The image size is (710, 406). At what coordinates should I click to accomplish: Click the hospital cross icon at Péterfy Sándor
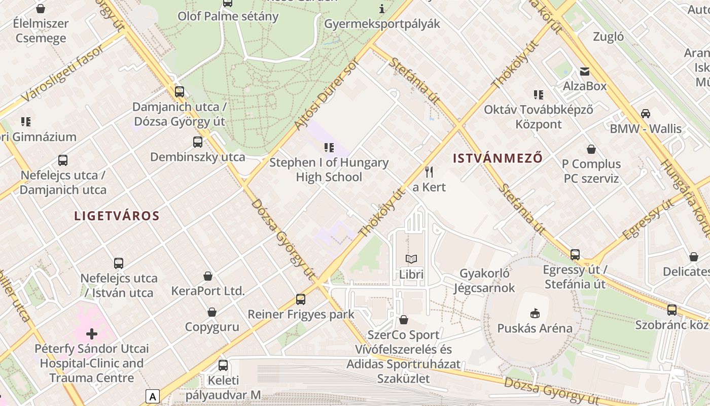92,334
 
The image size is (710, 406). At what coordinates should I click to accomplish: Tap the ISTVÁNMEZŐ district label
498,158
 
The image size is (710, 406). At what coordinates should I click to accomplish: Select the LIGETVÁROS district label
117,216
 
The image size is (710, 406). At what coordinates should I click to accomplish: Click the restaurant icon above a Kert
429,172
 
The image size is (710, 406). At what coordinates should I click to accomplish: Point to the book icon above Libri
411,259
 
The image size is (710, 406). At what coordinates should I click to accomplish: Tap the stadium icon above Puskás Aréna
535,313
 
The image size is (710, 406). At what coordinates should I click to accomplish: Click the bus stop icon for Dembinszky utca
198,142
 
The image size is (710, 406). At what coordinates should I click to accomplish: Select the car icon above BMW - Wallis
646,113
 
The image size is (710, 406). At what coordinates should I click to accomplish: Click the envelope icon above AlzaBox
585,71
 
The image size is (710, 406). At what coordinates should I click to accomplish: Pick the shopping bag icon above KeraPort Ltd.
208,276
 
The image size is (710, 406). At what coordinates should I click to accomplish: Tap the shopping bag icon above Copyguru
212,312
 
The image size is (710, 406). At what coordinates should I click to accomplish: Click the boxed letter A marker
152,396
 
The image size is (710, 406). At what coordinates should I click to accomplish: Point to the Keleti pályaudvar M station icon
223,365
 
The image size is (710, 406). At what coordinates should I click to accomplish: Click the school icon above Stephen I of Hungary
329,148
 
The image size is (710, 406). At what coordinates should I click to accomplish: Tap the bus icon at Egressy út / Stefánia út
575,254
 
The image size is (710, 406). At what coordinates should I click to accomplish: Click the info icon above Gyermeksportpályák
382,9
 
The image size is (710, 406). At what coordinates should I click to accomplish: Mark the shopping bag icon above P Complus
591,149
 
